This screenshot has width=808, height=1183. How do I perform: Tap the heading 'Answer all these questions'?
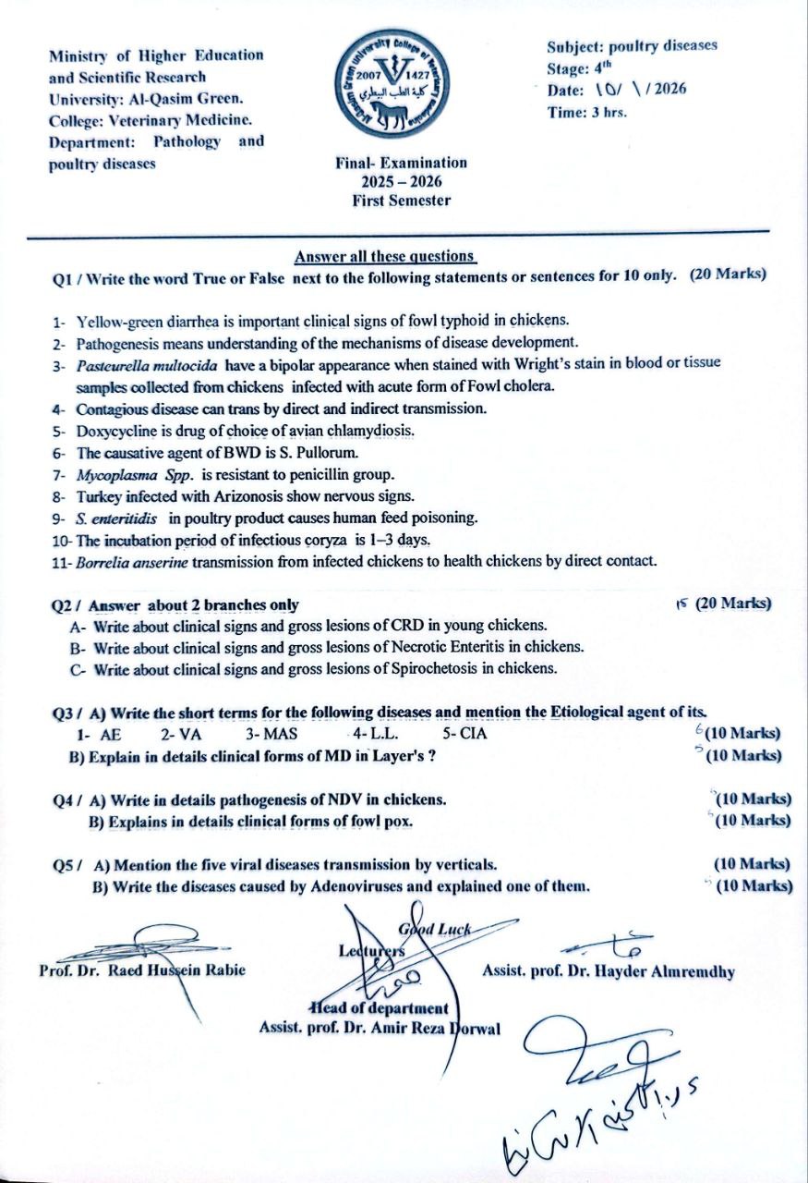385,256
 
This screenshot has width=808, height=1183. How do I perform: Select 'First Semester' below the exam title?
401,201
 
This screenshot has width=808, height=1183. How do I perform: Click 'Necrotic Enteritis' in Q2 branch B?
452,647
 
